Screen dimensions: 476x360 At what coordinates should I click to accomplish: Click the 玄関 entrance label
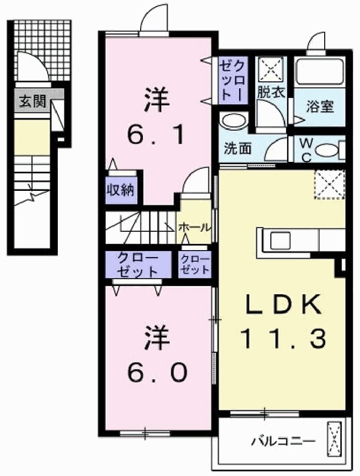pos(30,100)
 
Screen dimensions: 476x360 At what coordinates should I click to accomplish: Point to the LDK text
pos(276,306)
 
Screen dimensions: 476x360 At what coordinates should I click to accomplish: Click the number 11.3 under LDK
pos(277,335)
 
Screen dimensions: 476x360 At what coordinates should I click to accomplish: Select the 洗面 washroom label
pos(237,148)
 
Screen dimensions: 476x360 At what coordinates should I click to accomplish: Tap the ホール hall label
pos(195,227)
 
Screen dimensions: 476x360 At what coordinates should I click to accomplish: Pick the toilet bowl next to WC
pos(328,150)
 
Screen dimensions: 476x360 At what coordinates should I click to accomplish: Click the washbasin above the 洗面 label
pos(232,121)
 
